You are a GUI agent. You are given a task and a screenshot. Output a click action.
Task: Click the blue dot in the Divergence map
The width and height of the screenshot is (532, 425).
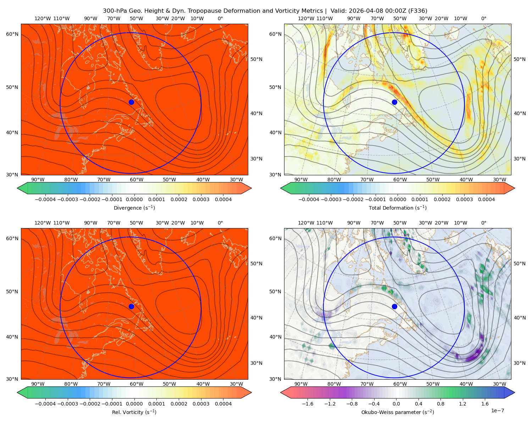(131, 102)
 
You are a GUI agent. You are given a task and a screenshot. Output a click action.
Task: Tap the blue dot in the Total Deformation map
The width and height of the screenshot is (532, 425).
(394, 102)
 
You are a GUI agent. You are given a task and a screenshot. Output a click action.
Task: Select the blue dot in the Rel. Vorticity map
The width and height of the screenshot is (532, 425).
(131, 306)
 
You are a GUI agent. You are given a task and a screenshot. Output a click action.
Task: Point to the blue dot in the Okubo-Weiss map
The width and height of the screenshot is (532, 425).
(394, 306)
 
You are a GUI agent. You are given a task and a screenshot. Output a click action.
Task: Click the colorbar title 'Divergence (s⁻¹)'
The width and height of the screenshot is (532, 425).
(134, 208)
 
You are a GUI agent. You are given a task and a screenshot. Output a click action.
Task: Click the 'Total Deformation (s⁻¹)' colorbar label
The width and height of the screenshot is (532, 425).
(398, 208)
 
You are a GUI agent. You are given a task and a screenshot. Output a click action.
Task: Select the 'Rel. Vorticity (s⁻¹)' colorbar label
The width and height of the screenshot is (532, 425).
(134, 412)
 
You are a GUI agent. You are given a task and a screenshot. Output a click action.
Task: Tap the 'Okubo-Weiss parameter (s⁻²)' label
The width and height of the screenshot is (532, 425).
(398, 412)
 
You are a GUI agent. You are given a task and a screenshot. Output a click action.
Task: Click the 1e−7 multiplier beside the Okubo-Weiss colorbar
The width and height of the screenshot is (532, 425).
(497, 410)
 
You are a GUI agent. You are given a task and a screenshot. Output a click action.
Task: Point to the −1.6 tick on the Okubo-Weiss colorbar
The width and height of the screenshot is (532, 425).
(307, 403)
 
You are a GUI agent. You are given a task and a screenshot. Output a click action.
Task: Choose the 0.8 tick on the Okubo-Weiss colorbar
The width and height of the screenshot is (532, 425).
(440, 403)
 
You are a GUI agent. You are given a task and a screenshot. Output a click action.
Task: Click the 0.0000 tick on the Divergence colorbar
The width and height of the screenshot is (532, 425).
(134, 199)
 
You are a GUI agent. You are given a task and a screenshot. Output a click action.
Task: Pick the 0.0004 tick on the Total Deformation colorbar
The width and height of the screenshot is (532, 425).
(486, 199)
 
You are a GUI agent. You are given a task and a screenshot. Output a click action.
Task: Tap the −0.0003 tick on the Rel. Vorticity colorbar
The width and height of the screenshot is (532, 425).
(67, 403)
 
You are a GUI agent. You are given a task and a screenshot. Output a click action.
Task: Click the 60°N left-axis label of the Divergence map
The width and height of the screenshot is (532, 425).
(12, 34)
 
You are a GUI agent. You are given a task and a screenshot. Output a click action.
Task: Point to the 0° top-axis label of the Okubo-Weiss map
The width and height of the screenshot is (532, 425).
(483, 223)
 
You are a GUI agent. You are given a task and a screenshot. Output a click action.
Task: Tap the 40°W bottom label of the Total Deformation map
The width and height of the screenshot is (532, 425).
(466, 180)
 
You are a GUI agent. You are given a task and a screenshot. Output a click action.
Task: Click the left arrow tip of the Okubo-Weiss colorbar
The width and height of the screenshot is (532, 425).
(281, 392)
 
